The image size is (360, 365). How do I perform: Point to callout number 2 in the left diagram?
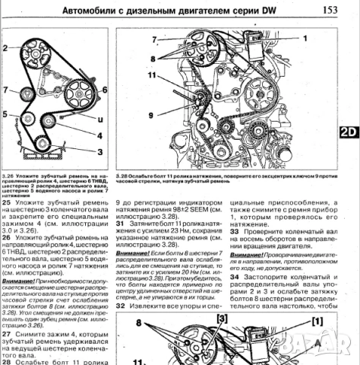click(x=6, y=49)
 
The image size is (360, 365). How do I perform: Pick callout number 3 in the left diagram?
click(x=99, y=149)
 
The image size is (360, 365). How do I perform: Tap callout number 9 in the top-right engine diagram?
click(x=131, y=115)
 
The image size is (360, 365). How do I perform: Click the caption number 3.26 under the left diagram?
click(x=9, y=175)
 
